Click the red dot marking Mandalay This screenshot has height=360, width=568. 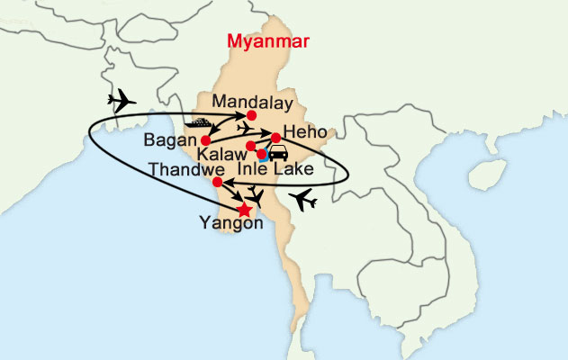[251, 114]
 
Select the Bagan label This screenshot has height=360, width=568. [167, 140]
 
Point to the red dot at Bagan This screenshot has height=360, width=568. [205, 140]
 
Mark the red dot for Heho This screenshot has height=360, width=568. [276, 138]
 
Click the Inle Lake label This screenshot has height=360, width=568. [275, 169]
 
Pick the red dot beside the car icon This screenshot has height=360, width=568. [262, 154]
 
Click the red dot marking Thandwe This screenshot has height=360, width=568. [217, 182]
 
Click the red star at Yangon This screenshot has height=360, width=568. [243, 209]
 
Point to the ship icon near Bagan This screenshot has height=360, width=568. [200, 121]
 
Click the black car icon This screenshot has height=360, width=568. [278, 152]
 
